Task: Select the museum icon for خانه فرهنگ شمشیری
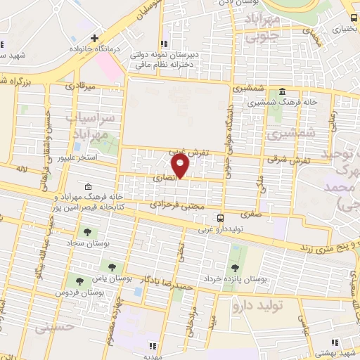pos(282,91)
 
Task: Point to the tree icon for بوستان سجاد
pos(88,231)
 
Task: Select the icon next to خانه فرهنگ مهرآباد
pos(88,187)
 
